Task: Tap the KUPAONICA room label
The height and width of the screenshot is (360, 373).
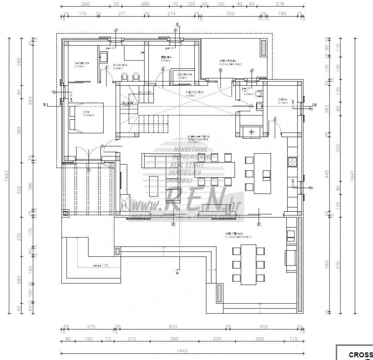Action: [x=120, y=65]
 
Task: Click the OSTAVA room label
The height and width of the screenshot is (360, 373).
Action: [x=272, y=100]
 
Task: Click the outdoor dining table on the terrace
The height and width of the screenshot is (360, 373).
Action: [x=249, y=264]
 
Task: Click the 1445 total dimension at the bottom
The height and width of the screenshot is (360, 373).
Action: [x=182, y=350]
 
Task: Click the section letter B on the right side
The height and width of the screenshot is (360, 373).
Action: [x=315, y=104]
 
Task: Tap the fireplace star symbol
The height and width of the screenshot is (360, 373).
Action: [x=251, y=132]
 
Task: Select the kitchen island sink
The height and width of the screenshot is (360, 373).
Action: [x=265, y=179]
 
